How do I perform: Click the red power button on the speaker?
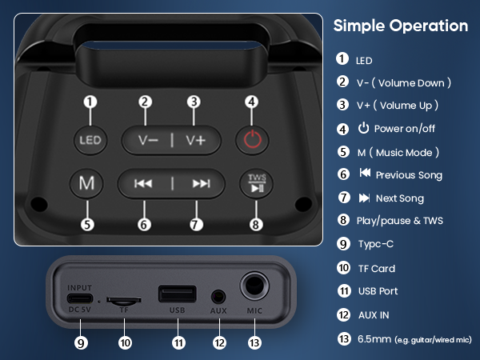252,140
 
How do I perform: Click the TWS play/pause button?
256,183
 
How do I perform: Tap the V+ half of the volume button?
196,140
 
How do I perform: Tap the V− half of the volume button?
148,140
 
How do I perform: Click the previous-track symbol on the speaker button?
144,183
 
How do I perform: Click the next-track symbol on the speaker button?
200,183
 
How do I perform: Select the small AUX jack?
218,296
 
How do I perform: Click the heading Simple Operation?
400,26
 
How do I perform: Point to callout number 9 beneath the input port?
81,342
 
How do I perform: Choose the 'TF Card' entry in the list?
375,269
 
